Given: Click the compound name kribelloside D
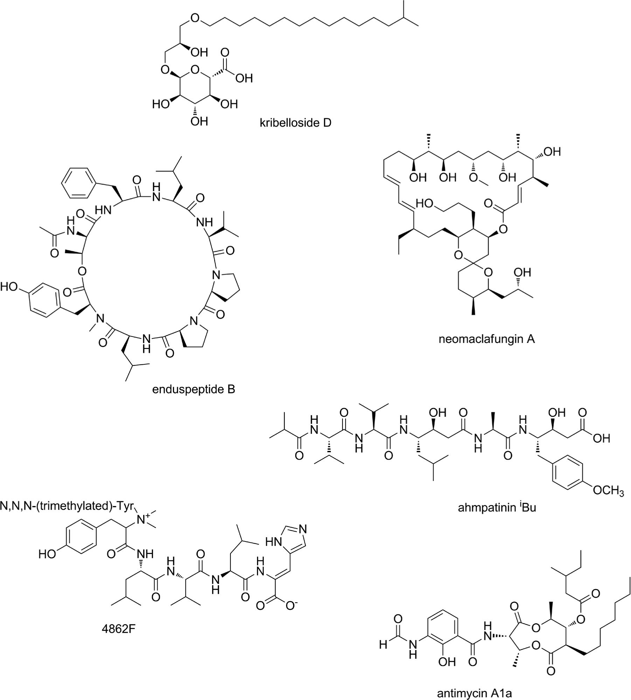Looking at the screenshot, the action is pos(295,123).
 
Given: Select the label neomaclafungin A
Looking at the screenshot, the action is pos(487,339).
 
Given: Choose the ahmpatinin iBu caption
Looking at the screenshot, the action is pos(497,507).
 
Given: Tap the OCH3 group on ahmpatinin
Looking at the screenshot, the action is pos(609,490).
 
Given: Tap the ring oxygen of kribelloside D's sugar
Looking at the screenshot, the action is pos(195,71).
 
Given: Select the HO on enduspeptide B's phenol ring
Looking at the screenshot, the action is pos(9,287).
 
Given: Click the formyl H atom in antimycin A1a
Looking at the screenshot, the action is pos(383,645).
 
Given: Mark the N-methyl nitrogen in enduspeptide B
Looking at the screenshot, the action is pos(100,318).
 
